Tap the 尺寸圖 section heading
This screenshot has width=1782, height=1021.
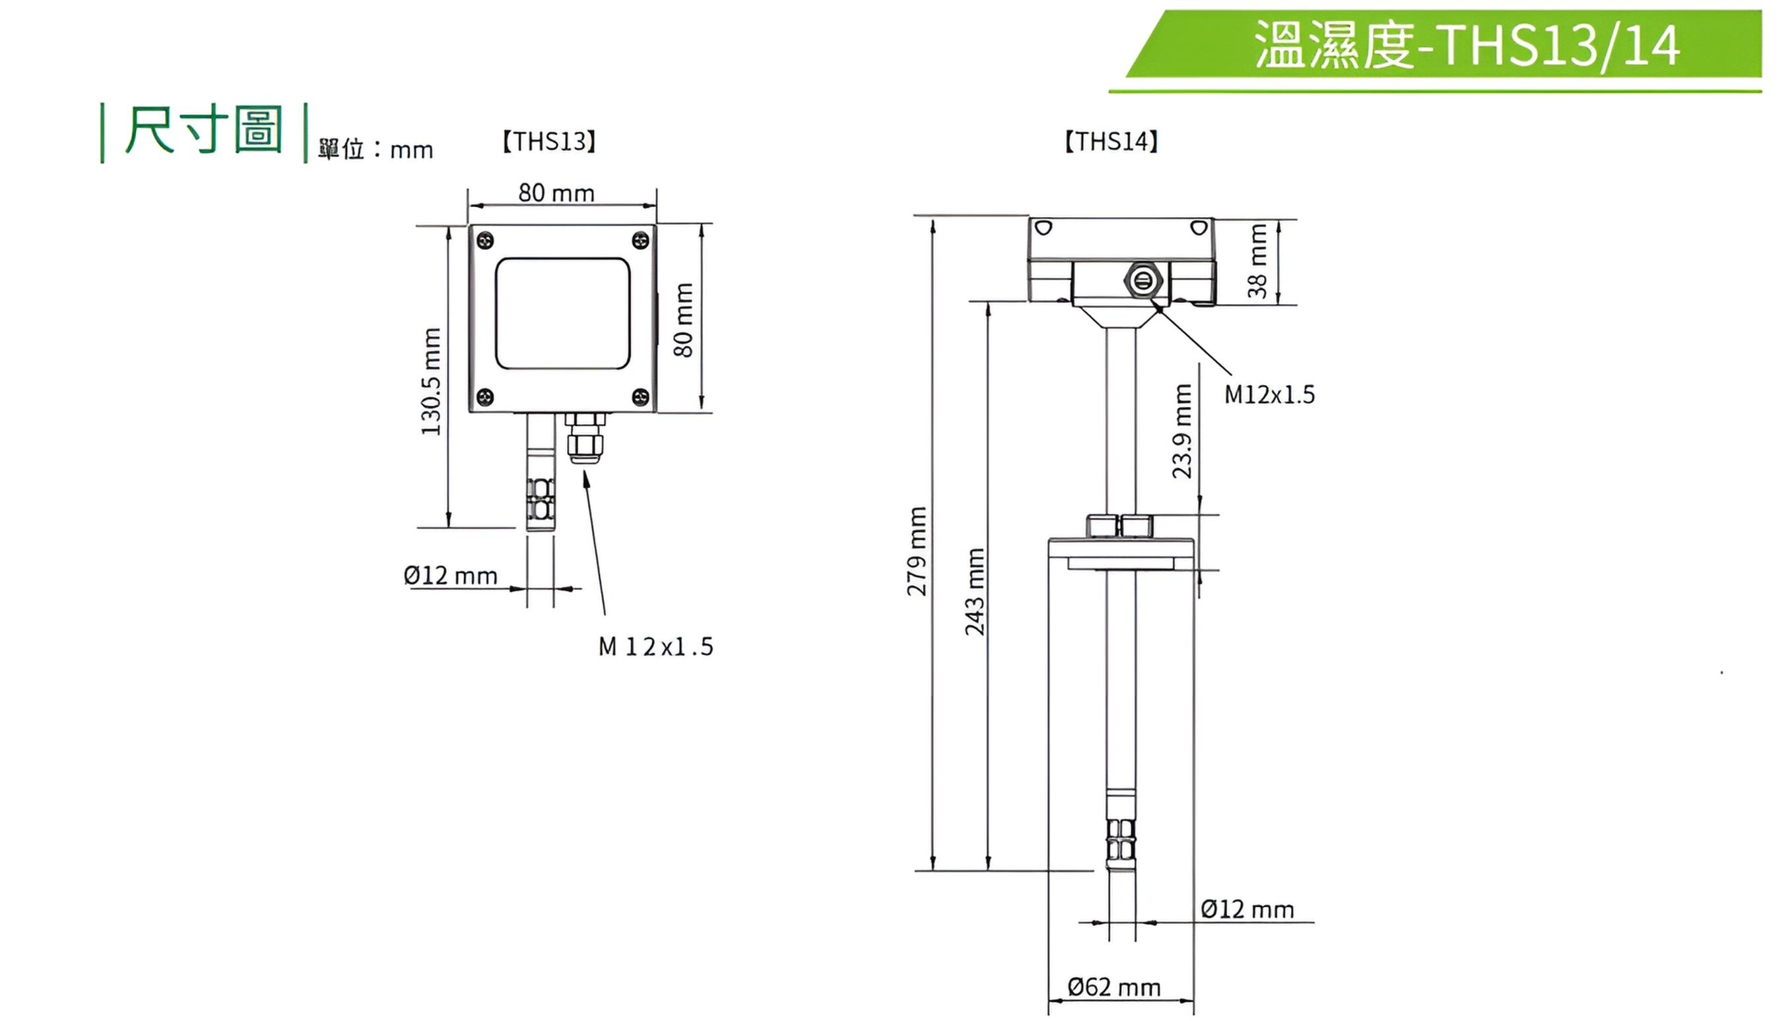[203, 130]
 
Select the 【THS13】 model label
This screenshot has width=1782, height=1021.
[549, 141]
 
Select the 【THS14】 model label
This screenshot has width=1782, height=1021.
[1111, 141]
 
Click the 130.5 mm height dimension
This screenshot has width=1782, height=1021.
[432, 381]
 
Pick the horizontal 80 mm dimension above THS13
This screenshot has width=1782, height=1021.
[556, 193]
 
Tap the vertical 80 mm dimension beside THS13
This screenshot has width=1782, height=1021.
[683, 320]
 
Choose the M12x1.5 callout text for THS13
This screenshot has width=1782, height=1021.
[656, 646]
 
